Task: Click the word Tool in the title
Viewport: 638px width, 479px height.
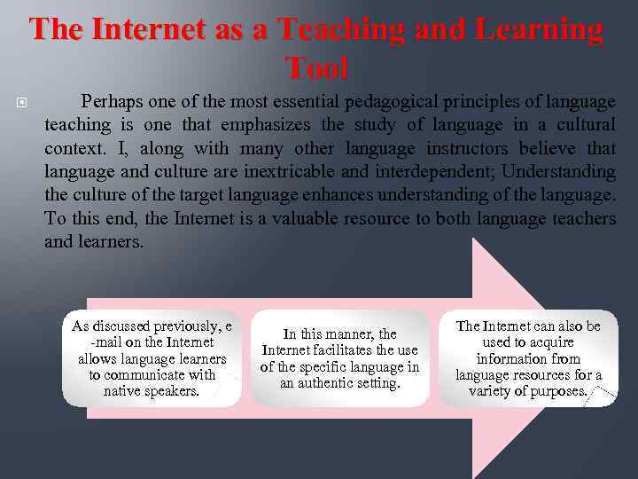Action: click(x=317, y=67)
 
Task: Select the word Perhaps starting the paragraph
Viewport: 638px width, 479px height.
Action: click(x=110, y=102)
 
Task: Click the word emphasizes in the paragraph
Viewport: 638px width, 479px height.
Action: click(x=265, y=125)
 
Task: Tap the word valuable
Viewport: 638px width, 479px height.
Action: click(x=303, y=217)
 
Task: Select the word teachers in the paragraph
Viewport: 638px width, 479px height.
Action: click(x=580, y=217)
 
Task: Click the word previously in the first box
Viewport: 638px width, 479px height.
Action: click(x=183, y=326)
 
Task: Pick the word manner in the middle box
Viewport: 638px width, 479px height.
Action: click(x=347, y=334)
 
